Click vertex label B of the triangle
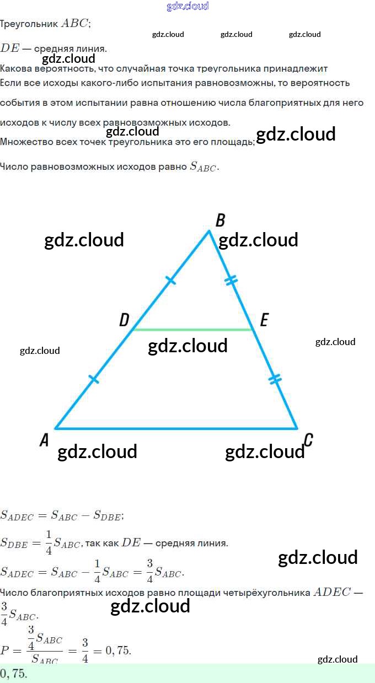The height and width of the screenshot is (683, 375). (x=220, y=221)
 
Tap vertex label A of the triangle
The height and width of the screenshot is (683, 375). (x=45, y=440)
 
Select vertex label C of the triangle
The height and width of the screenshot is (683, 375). (x=308, y=439)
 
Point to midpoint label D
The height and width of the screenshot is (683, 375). (x=124, y=320)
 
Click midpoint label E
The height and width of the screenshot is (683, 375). (x=264, y=320)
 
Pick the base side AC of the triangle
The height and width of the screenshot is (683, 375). (x=176, y=428)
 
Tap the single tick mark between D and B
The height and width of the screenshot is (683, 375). (x=171, y=281)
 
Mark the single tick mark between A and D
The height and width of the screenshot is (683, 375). (x=94, y=379)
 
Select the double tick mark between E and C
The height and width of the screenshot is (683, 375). (x=275, y=379)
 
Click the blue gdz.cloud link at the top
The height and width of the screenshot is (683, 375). (x=187, y=6)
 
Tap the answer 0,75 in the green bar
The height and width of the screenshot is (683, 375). (x=13, y=674)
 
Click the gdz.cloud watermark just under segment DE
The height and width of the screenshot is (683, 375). (x=188, y=346)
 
